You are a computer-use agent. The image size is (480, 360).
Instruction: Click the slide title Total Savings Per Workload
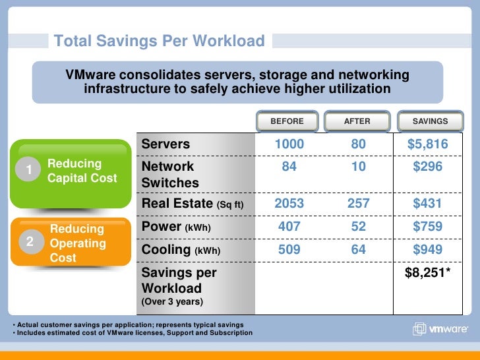[159, 42]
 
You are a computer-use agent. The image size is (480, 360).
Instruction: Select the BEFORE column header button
[287, 121]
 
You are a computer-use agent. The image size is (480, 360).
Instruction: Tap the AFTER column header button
[357, 121]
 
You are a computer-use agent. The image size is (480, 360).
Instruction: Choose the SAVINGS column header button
[430, 121]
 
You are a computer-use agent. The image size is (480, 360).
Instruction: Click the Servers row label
[165, 144]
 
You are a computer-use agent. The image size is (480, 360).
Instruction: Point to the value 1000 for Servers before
[289, 144]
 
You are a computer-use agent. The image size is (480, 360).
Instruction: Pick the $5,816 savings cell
[427, 144]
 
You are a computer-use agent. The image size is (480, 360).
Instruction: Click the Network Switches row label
[169, 175]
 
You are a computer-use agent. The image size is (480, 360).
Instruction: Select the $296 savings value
[427, 167]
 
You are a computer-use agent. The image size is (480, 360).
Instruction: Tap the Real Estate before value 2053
[289, 204]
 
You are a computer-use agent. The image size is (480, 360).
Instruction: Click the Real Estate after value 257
[359, 204]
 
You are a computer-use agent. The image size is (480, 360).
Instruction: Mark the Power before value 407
[289, 227]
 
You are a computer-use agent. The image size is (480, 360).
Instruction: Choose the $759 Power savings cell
[427, 227]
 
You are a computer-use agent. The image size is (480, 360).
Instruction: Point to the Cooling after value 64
[359, 250]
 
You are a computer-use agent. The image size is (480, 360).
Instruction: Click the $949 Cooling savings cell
[427, 250]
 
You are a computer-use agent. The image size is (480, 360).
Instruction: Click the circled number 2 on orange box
[29, 242]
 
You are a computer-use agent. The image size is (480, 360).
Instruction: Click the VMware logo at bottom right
[441, 329]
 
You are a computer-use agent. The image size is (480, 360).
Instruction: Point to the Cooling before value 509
[289, 250]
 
